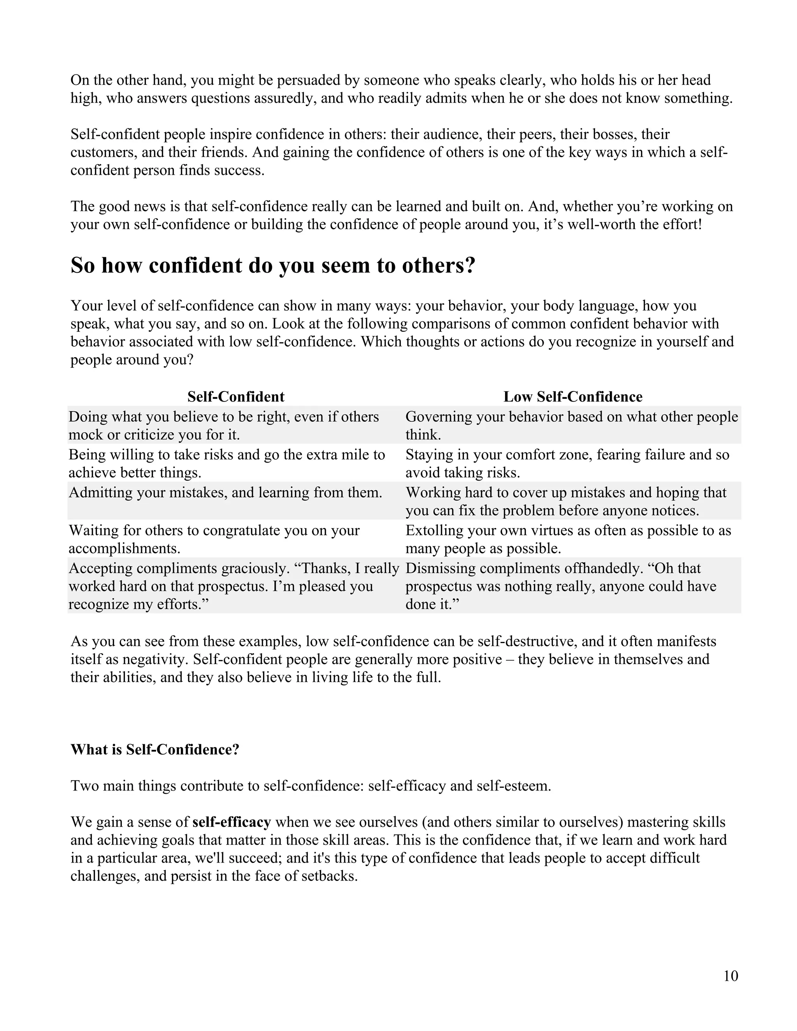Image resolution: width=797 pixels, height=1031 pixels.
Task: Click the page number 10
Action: pos(730,976)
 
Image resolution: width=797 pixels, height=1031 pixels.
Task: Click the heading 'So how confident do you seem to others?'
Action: pos(273,266)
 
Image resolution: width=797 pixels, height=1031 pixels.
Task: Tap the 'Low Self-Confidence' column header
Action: pos(573,396)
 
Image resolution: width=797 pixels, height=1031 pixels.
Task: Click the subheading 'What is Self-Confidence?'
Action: pos(155,750)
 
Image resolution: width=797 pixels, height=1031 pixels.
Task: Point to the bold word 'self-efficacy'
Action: pos(232,822)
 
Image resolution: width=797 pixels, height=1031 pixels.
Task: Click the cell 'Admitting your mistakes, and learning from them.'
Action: pos(226,493)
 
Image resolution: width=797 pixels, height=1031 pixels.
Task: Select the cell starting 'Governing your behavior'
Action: pos(571,425)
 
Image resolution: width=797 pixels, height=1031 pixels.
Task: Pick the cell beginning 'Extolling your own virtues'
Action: pos(568,539)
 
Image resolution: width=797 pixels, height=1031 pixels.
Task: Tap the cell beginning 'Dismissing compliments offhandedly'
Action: pos(560,586)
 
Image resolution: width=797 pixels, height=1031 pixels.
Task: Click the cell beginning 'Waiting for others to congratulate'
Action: pos(214,539)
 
